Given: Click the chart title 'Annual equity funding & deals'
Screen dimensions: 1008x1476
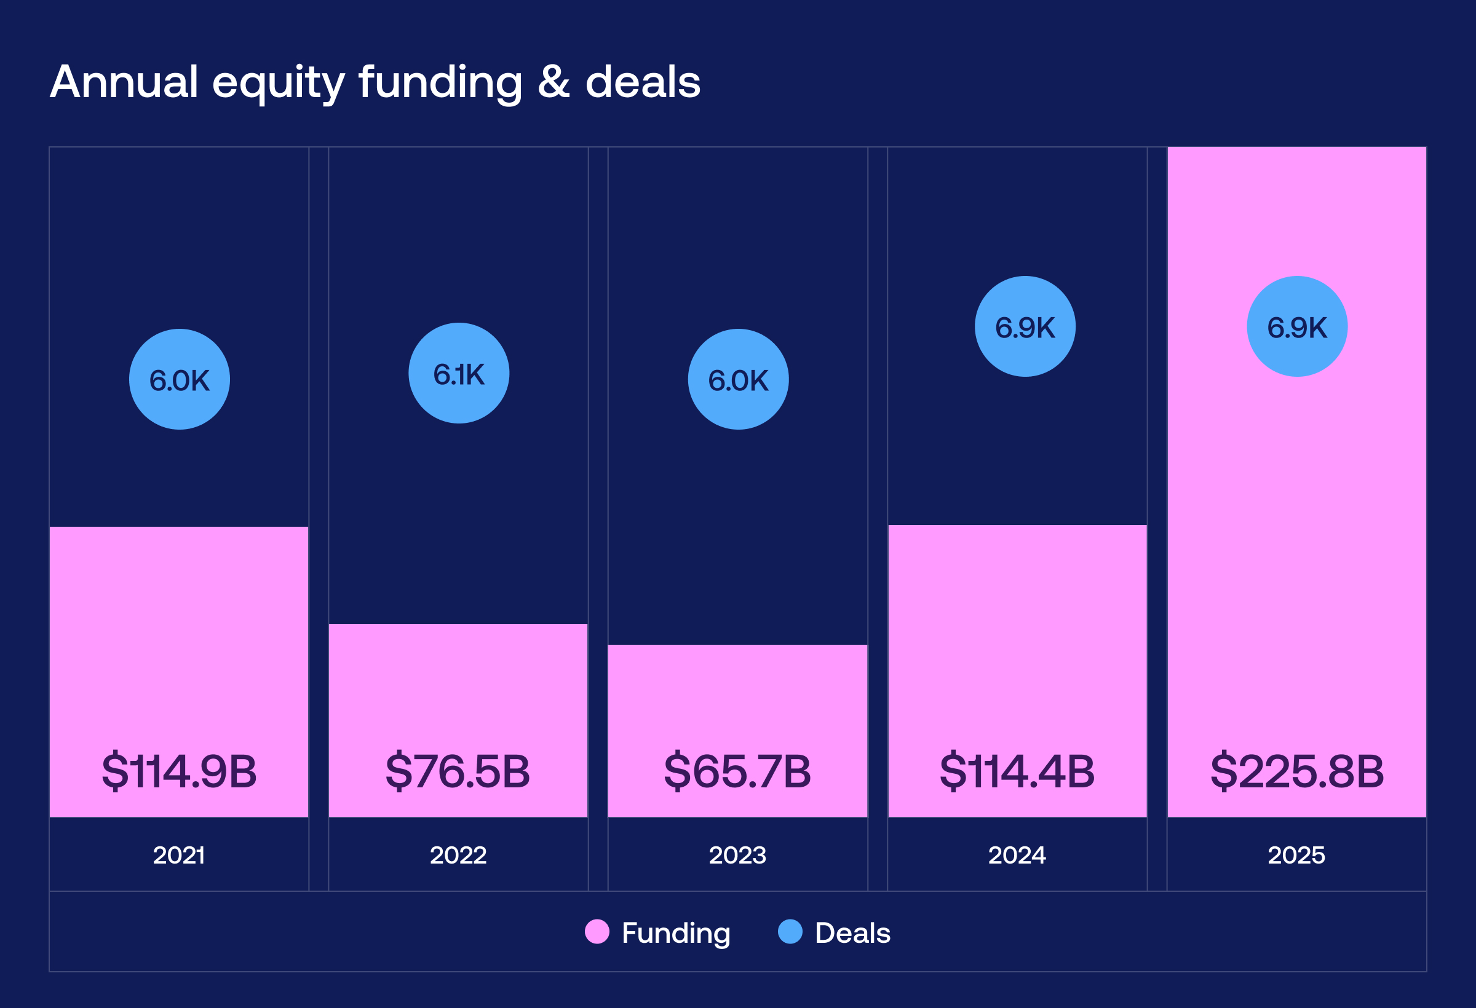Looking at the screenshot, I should click(375, 82).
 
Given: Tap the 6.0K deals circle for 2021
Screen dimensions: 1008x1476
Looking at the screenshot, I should click(179, 380).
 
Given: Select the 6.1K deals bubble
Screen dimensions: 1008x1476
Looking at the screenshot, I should click(459, 373).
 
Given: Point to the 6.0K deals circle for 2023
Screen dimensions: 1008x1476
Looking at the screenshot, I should click(738, 380).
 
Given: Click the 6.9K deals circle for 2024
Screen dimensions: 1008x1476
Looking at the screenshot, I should click(1025, 327).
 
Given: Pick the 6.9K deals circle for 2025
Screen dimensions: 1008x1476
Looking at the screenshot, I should click(1297, 327).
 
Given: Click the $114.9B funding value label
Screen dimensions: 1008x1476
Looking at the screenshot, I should click(179, 772).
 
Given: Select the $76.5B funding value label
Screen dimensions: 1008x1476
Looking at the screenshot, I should click(458, 772).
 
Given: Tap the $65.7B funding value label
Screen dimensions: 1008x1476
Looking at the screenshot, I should click(737, 772).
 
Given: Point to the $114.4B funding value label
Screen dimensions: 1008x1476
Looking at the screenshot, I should click(1017, 772).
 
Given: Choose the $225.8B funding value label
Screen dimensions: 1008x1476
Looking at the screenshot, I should click(1297, 772).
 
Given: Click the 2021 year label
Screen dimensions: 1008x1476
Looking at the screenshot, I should click(179, 856).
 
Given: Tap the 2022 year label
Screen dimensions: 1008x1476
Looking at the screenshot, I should click(458, 856).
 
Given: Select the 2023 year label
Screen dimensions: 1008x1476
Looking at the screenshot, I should click(737, 856).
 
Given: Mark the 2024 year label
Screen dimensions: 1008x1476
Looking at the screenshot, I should click(1017, 856).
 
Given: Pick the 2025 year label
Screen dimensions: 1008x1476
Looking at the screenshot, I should click(1296, 856).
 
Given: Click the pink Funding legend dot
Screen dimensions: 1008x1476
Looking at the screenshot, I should click(597, 932).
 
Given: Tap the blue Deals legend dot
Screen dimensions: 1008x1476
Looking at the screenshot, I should click(790, 932).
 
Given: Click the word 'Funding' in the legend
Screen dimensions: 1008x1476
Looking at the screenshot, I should click(676, 934).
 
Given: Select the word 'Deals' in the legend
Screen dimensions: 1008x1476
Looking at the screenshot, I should click(852, 933).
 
